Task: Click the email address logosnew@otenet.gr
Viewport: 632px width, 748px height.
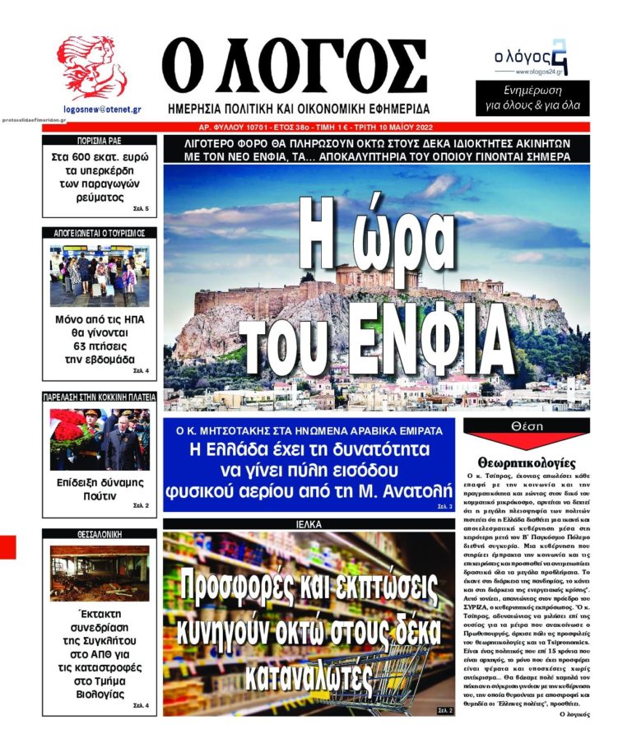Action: pos(102,108)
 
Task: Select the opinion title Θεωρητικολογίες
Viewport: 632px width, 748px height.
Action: pos(527,462)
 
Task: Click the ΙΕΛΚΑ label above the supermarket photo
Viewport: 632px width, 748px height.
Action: pos(309,523)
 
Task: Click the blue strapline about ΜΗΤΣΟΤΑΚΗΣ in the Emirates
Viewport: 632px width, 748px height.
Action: pos(309,430)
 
